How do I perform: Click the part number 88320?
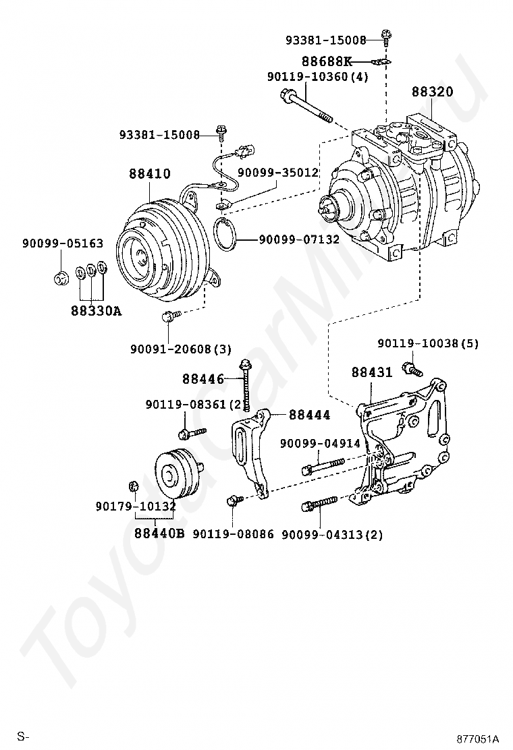click(433, 92)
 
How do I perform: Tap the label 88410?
click(150, 174)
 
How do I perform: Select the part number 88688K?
click(331, 61)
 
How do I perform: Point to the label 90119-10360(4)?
click(317, 77)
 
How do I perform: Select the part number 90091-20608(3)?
click(180, 349)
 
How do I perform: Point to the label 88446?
click(202, 379)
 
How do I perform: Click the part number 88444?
click(310, 415)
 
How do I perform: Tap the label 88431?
click(371, 372)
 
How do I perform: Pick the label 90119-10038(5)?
click(427, 343)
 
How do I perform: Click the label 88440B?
click(159, 533)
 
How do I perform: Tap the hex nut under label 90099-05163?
click(59, 277)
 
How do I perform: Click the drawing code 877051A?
click(477, 738)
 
